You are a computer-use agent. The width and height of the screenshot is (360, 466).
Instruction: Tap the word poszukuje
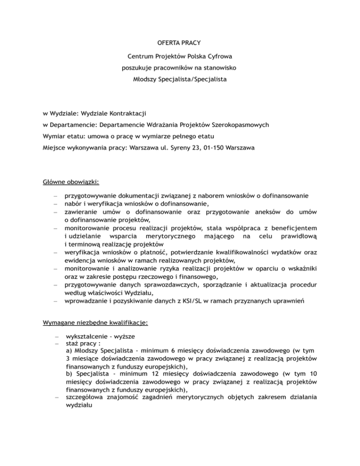[137, 68]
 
